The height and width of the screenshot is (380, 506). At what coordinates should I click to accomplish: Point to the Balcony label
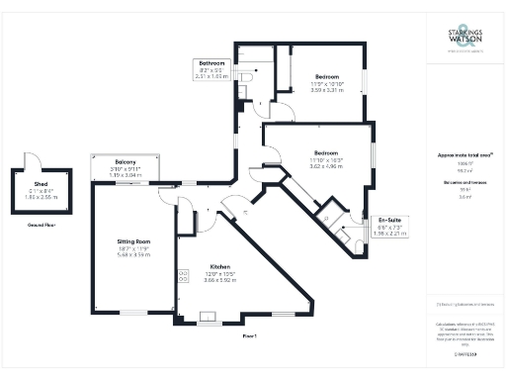coord(125,161)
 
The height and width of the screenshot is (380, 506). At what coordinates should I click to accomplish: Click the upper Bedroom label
coord(327,77)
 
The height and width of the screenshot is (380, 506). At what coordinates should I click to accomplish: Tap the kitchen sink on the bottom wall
coord(210,320)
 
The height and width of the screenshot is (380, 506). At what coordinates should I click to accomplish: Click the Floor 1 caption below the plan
coord(250,336)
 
